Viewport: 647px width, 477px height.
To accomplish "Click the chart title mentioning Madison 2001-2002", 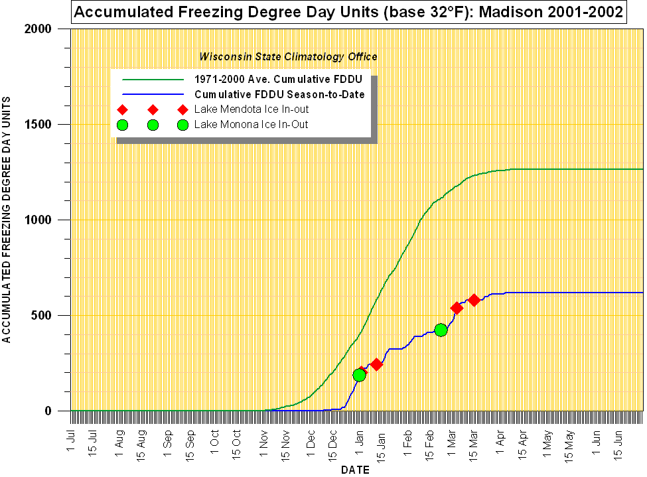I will tap(349, 11).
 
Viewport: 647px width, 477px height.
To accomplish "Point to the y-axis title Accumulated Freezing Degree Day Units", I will tap(7, 219).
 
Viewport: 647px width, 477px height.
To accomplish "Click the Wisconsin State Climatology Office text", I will tap(288, 57).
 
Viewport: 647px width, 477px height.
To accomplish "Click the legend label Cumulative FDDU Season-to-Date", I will tap(279, 94).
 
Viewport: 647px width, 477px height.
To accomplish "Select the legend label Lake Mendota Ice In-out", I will tap(252, 109).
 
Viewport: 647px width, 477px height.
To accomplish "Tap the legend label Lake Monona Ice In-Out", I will tap(251, 124).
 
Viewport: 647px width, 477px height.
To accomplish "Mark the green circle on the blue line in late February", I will tap(441, 330).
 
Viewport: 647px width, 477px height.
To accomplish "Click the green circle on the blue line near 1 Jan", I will tap(359, 375).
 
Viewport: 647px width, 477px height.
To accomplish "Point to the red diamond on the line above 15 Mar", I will tap(474, 300).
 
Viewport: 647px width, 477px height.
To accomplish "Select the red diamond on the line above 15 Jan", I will tap(376, 364).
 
